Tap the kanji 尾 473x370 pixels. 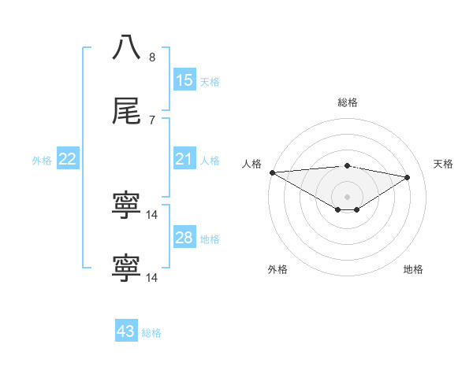pos(127,113)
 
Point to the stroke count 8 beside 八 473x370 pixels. pos(152,57)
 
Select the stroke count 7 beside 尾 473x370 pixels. pos(152,120)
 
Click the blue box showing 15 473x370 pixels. pos(184,80)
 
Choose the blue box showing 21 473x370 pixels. pos(184,160)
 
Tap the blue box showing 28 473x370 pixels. pos(184,239)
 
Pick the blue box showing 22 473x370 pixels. pos(68,160)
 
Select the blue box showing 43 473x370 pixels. pos(126,332)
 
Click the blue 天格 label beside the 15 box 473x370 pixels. pos(210,81)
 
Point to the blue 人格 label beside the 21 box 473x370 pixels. pos(210,161)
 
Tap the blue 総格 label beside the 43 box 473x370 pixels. pos(151,333)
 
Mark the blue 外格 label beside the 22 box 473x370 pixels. pos(42,161)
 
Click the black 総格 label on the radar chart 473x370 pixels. pos(348,102)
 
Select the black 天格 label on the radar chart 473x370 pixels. pos(444,164)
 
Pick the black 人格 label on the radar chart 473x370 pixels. pos(251,164)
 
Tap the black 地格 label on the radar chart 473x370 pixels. pos(413,269)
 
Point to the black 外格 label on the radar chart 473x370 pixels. pos(277,269)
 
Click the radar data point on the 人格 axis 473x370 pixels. pos(272,172)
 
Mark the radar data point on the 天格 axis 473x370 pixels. pos(408,177)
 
